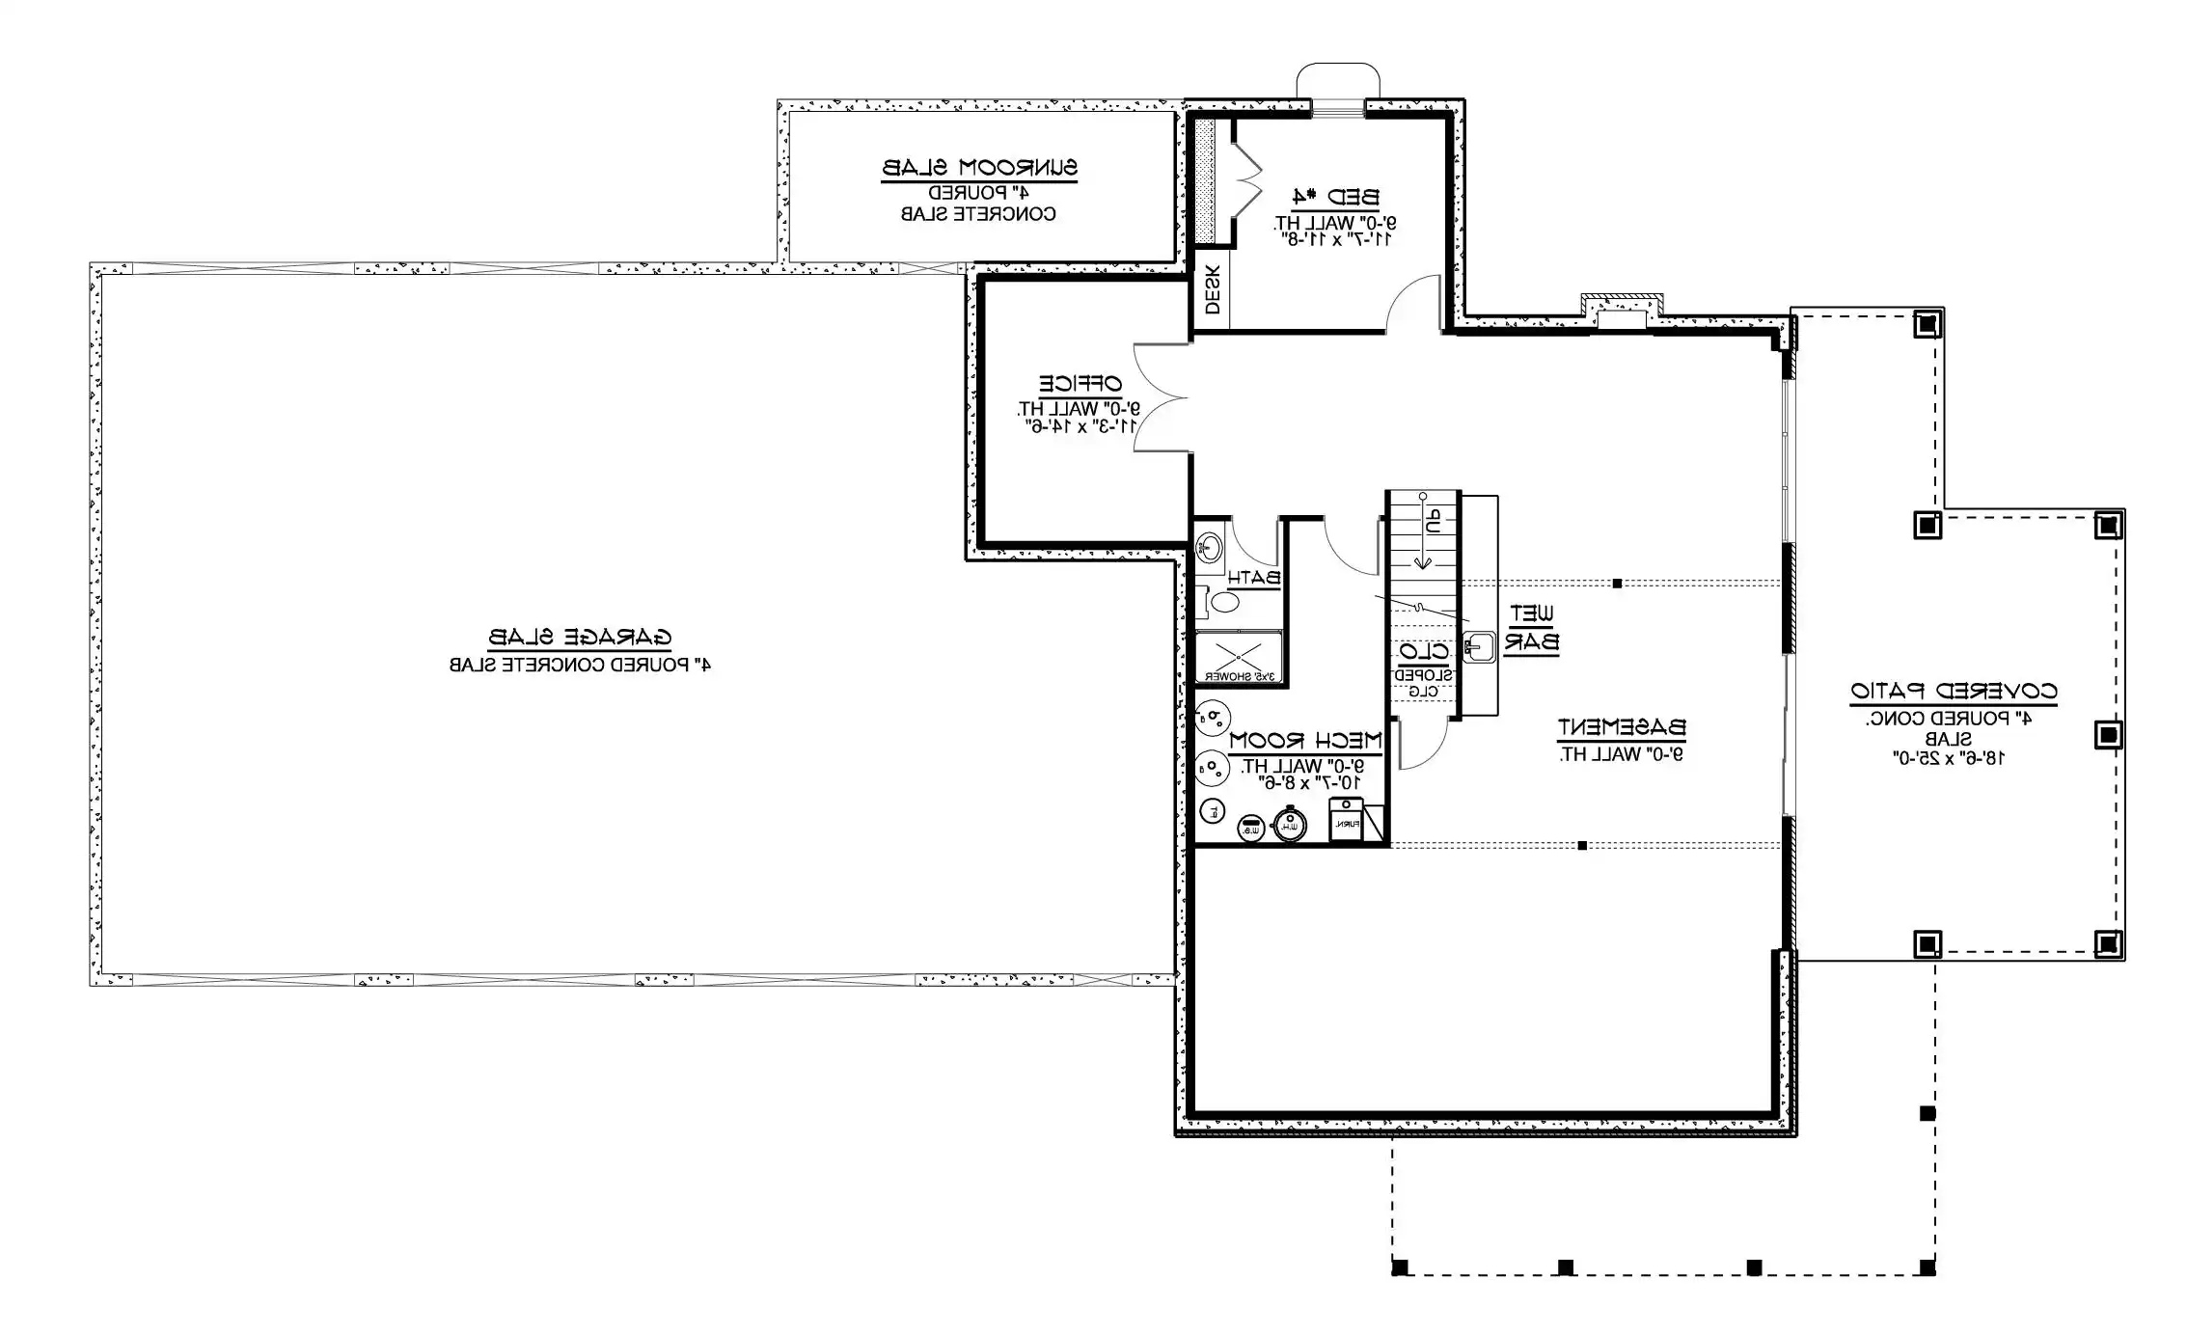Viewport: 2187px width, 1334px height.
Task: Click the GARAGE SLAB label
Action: click(x=580, y=638)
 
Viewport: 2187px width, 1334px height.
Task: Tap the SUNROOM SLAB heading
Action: click(x=979, y=168)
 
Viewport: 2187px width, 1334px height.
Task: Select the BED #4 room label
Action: click(x=1335, y=199)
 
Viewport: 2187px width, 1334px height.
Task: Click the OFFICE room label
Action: click(x=1080, y=384)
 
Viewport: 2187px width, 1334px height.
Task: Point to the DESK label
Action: click(x=1213, y=289)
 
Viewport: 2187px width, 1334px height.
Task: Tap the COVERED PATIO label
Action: click(x=1953, y=692)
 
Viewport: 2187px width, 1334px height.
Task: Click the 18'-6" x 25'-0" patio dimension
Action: click(x=1948, y=759)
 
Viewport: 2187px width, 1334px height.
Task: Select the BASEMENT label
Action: click(x=1621, y=727)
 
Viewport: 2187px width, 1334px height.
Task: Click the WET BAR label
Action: click(x=1531, y=627)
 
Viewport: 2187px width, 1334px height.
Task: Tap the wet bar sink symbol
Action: click(x=1478, y=646)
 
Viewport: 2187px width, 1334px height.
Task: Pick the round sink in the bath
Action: click(x=1209, y=549)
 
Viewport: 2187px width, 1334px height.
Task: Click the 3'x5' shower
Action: click(x=1239, y=658)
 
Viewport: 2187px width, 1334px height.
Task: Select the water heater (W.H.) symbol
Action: click(x=1289, y=825)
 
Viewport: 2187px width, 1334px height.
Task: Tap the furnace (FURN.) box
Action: click(x=1347, y=820)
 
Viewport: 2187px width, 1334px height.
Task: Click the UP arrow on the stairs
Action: click(x=1424, y=531)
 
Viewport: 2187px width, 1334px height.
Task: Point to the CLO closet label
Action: click(x=1423, y=653)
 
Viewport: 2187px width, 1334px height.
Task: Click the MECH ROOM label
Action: click(x=1305, y=741)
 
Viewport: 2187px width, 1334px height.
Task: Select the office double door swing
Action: click(x=1160, y=397)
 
